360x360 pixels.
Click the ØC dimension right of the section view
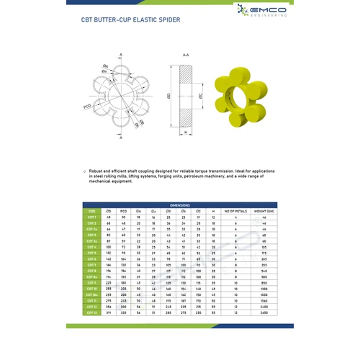pos(204,94)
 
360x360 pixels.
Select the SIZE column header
pos(91,211)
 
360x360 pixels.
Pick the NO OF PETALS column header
pos(235,211)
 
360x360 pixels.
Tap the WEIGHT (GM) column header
pos(264,211)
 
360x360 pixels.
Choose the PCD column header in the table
pos(123,211)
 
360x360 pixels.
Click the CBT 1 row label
pos(91,217)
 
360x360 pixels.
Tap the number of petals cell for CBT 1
pos(235,217)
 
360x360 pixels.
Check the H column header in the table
pos(213,211)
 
